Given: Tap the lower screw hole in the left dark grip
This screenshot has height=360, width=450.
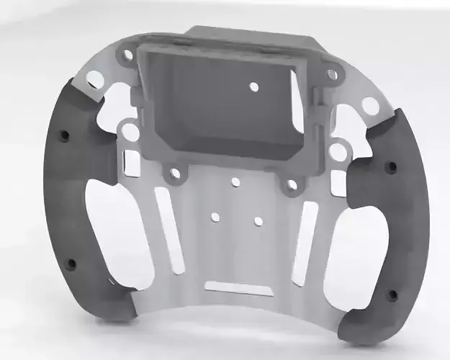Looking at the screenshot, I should click(71, 264).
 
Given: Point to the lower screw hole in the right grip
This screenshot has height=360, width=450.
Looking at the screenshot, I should click(392, 294).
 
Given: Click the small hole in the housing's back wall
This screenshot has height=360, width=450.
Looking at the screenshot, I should click(253, 86).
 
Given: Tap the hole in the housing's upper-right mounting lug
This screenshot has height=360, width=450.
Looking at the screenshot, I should click(332, 73).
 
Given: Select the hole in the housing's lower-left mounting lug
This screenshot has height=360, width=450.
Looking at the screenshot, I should click(174, 174).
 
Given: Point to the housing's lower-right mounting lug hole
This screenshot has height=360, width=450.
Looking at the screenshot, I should click(291, 185).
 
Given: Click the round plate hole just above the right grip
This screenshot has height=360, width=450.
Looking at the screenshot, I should click(370, 107).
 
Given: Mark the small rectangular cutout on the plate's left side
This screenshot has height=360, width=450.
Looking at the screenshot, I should click(132, 163).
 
